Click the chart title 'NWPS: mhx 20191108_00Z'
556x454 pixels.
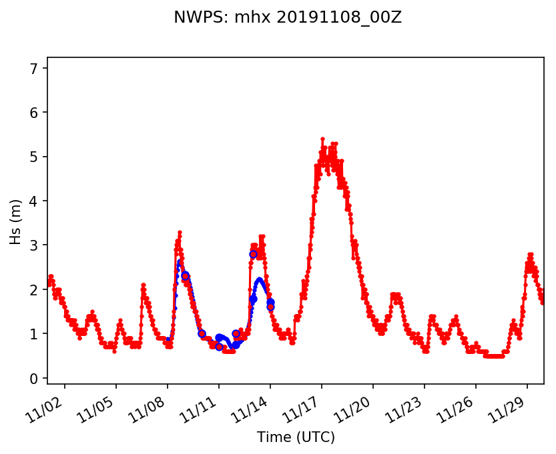point(288,17)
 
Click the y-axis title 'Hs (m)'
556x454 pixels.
point(16,221)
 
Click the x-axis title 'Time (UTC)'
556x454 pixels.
point(296,437)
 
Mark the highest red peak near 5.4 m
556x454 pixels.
point(322,139)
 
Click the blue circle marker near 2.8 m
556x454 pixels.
point(253,254)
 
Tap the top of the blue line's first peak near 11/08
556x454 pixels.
point(179,261)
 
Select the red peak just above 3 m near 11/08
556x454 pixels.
point(180,232)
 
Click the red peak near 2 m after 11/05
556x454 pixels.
point(143,285)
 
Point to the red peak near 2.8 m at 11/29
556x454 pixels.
point(530,254)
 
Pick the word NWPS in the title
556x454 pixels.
point(192,17)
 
